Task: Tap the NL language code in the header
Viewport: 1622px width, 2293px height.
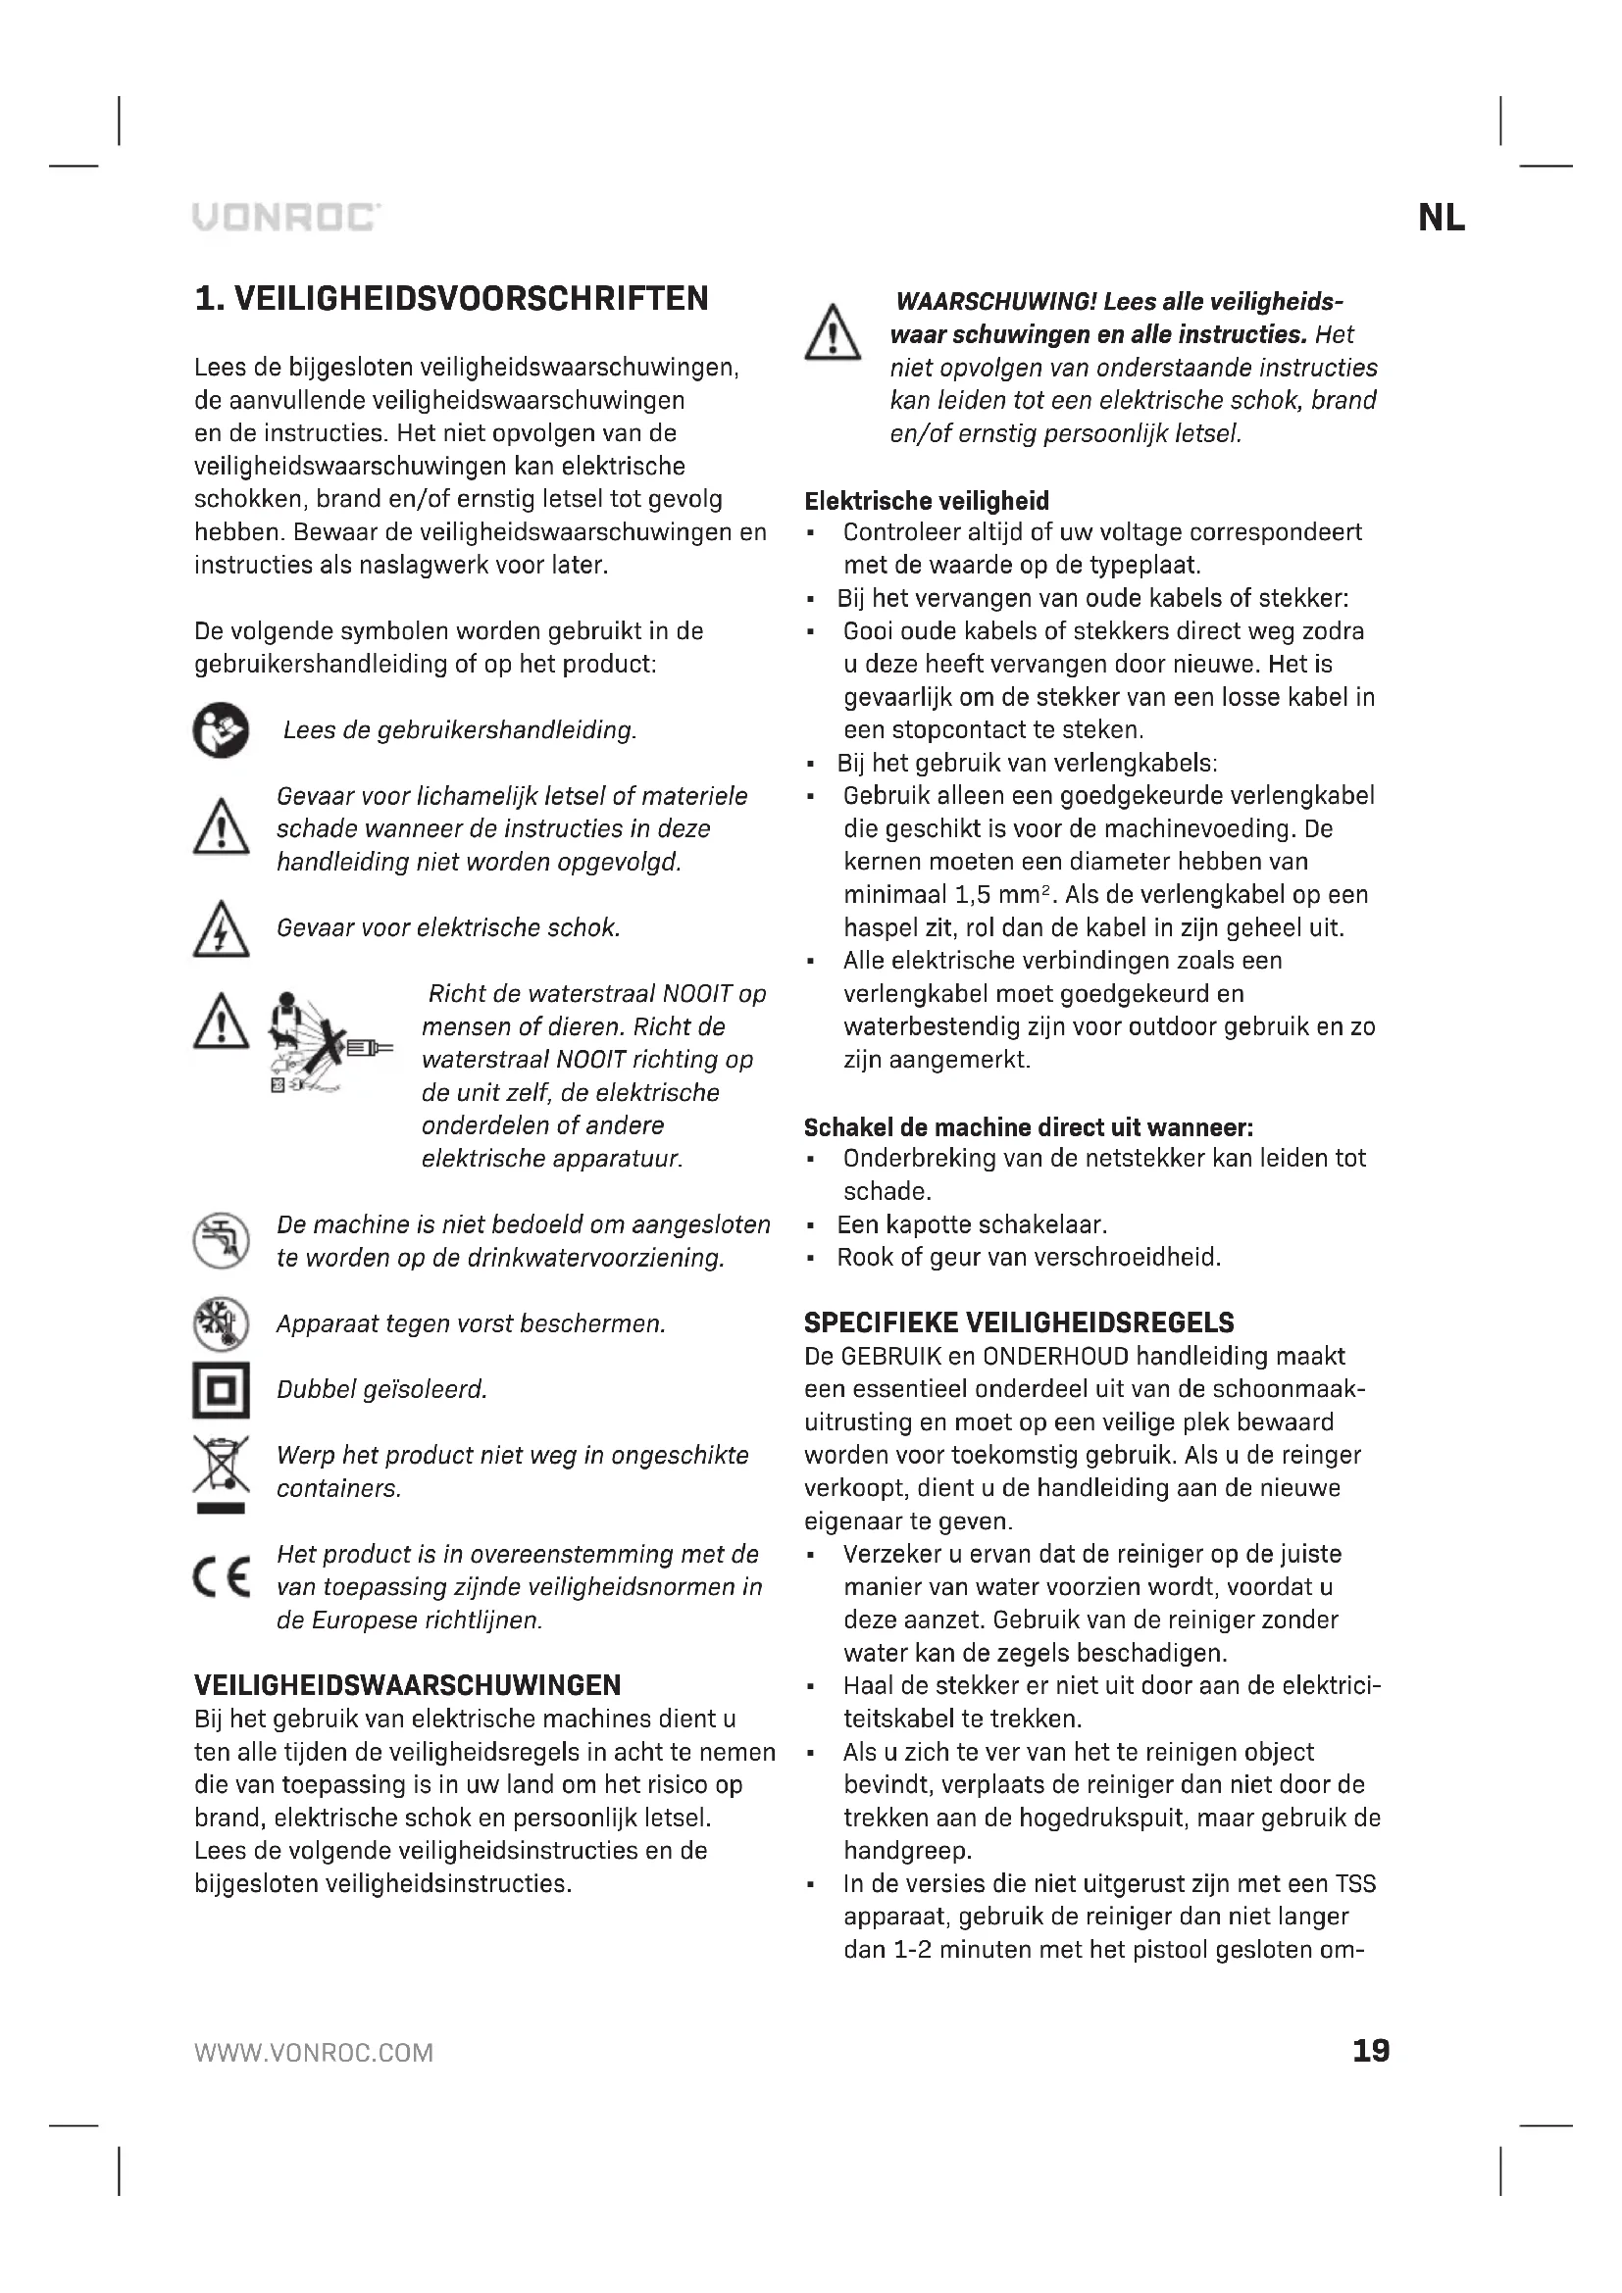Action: click(1442, 219)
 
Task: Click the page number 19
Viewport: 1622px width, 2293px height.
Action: click(1370, 2051)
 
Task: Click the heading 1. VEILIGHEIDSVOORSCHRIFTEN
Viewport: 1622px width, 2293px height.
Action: click(451, 299)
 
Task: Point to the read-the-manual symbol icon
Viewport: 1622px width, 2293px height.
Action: click(221, 731)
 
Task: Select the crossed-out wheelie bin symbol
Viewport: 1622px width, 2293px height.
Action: click(221, 1471)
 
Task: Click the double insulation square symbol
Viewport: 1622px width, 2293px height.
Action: click(221, 1390)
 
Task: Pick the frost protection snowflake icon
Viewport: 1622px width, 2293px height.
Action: click(221, 1324)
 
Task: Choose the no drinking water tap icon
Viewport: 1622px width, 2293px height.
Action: click(221, 1241)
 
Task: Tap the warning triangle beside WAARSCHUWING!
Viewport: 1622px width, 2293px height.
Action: click(832, 333)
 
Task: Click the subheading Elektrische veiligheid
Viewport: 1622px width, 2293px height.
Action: click(926, 500)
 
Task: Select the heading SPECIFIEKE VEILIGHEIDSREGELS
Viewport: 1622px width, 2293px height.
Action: click(1019, 1323)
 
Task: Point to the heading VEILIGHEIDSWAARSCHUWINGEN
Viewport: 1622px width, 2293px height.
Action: click(408, 1686)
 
